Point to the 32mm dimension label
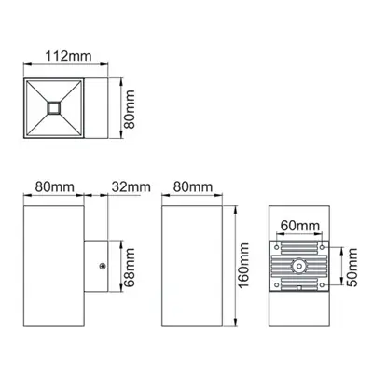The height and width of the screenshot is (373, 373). (131, 187)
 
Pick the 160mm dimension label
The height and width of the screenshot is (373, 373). (245, 265)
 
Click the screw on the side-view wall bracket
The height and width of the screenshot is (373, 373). (101, 266)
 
